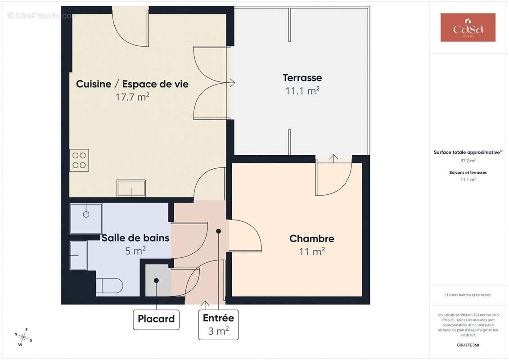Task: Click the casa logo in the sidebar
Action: coord(468,27)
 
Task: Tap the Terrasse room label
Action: coord(302,78)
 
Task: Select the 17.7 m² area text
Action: coord(132,97)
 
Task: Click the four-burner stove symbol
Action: coord(79,160)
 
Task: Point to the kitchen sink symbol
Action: coord(131,188)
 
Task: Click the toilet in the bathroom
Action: coord(109,285)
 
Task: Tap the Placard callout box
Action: coord(156,319)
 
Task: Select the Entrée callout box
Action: coord(218,324)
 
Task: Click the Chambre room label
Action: coord(311,238)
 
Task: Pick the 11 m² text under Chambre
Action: coord(311,252)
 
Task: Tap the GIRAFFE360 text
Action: coord(468,345)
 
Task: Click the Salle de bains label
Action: coord(135,238)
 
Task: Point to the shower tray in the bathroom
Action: coord(86,218)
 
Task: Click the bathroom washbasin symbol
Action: coord(78,256)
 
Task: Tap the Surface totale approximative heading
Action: coord(467,153)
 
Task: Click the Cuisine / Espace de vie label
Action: coord(132,84)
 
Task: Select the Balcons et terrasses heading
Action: coord(468,172)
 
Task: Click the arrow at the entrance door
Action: coord(205,305)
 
